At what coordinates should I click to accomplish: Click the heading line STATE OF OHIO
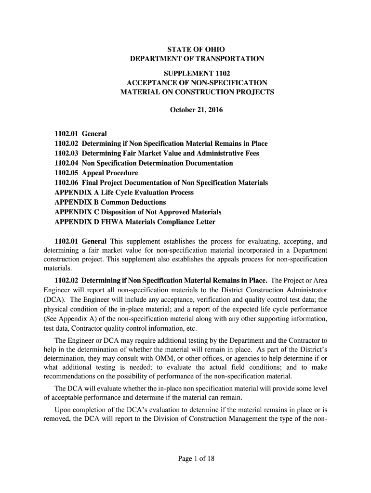(196, 50)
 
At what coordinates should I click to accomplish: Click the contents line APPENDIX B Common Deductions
(110, 202)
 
